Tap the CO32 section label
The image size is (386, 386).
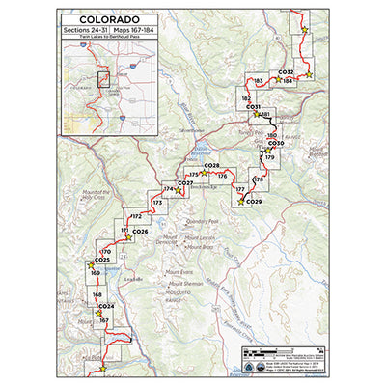(285, 71)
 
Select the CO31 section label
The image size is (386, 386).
(254, 107)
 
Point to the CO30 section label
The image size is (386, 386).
(275, 142)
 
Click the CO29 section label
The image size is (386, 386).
(254, 201)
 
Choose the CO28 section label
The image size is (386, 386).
(212, 166)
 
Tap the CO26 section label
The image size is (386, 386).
(140, 232)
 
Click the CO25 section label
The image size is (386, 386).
(103, 260)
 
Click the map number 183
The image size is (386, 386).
(258, 81)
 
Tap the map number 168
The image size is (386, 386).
(97, 294)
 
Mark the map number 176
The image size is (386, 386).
(222, 176)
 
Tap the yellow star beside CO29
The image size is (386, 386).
(240, 201)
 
